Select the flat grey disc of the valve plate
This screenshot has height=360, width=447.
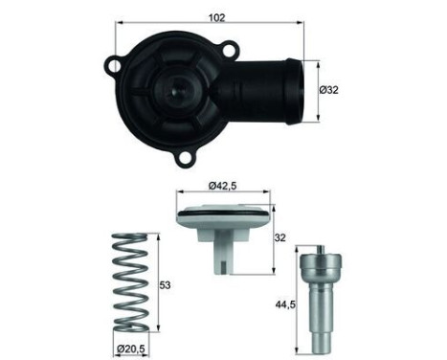(223, 215)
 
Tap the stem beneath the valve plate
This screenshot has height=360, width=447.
(223, 252)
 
